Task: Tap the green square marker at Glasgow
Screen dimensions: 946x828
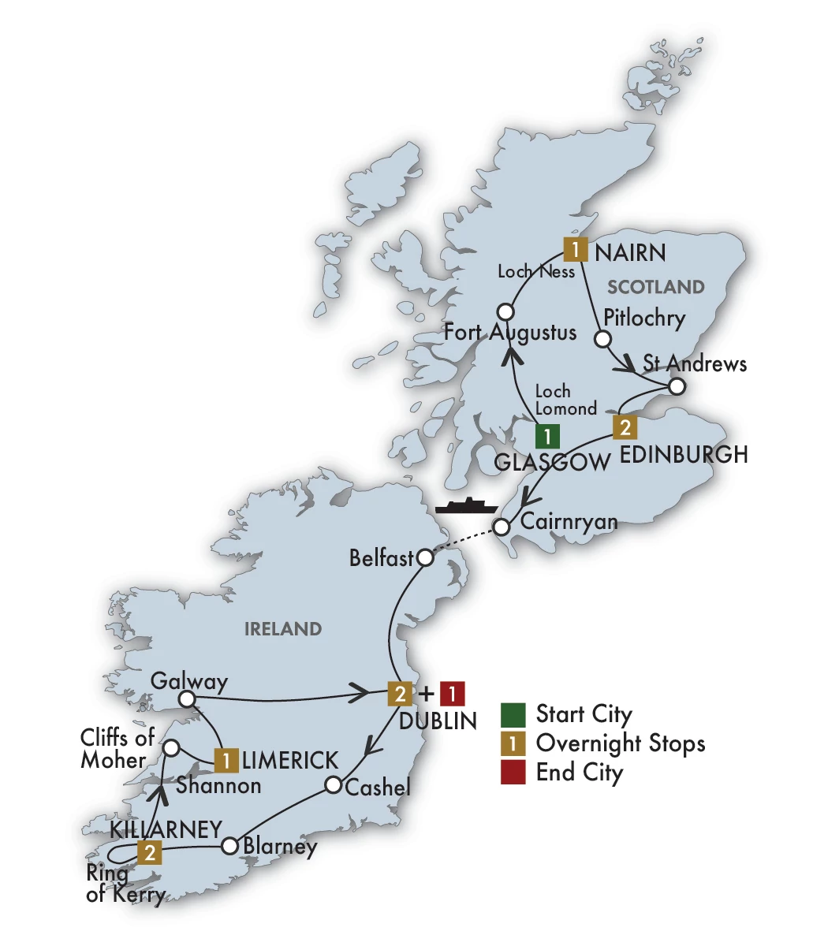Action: point(547,436)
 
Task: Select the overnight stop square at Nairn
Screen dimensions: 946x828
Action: point(576,250)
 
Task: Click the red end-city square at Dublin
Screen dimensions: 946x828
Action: point(452,694)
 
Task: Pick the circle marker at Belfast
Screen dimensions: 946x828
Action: point(424,558)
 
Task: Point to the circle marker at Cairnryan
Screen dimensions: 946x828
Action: point(502,526)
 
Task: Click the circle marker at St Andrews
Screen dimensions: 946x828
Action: point(677,387)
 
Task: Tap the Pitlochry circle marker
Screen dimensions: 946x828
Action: point(602,339)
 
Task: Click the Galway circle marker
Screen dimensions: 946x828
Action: point(187,699)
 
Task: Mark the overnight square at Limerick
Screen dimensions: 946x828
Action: point(226,760)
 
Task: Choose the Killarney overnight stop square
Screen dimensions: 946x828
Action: point(149,852)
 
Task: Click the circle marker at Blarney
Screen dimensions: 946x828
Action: point(229,846)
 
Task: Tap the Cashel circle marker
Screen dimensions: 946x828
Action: point(334,785)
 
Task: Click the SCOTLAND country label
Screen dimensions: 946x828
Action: point(656,287)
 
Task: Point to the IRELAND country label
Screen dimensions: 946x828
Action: point(283,629)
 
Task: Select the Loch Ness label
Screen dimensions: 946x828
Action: point(536,272)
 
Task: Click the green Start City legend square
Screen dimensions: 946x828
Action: point(513,714)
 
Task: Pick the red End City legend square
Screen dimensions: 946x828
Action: point(513,772)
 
